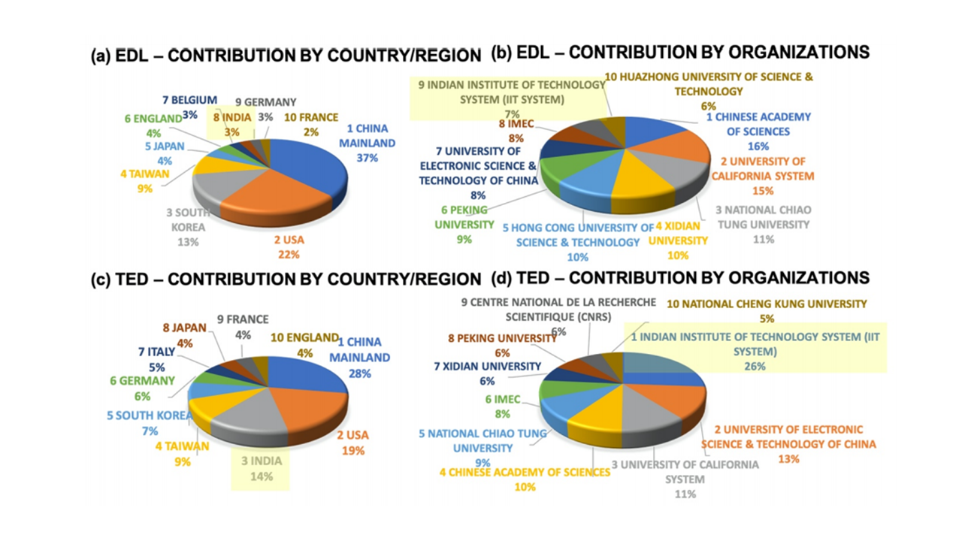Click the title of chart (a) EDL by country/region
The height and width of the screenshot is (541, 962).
click(x=286, y=56)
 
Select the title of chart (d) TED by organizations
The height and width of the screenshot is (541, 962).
click(x=680, y=278)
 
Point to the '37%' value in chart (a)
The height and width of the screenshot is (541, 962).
click(x=367, y=159)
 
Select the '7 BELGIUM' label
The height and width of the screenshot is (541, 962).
click(x=189, y=100)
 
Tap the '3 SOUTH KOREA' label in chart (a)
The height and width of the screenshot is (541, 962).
click(x=188, y=219)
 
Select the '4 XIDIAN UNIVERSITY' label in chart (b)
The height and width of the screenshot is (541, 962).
click(x=678, y=233)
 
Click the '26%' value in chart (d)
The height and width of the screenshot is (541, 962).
click(x=755, y=366)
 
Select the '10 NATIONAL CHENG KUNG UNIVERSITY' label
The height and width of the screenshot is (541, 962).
click(x=756, y=304)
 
